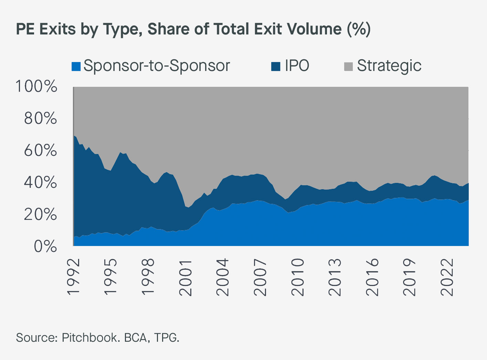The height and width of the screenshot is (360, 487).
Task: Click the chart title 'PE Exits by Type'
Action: [x=193, y=29]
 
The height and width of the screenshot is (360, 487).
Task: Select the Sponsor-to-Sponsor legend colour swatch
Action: [x=76, y=66]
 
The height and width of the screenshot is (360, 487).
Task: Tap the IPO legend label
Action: [x=297, y=65]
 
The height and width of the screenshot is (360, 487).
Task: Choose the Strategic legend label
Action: [x=389, y=65]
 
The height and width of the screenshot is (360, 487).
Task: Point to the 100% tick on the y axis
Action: [x=36, y=86]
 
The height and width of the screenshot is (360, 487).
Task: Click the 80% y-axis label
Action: [x=40, y=119]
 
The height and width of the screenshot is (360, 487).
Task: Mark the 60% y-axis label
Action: [x=40, y=151]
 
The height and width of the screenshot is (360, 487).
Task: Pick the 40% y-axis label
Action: [x=40, y=183]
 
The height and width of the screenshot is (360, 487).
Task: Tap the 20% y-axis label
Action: [x=40, y=215]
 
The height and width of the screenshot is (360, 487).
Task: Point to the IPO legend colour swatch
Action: [x=276, y=66]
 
